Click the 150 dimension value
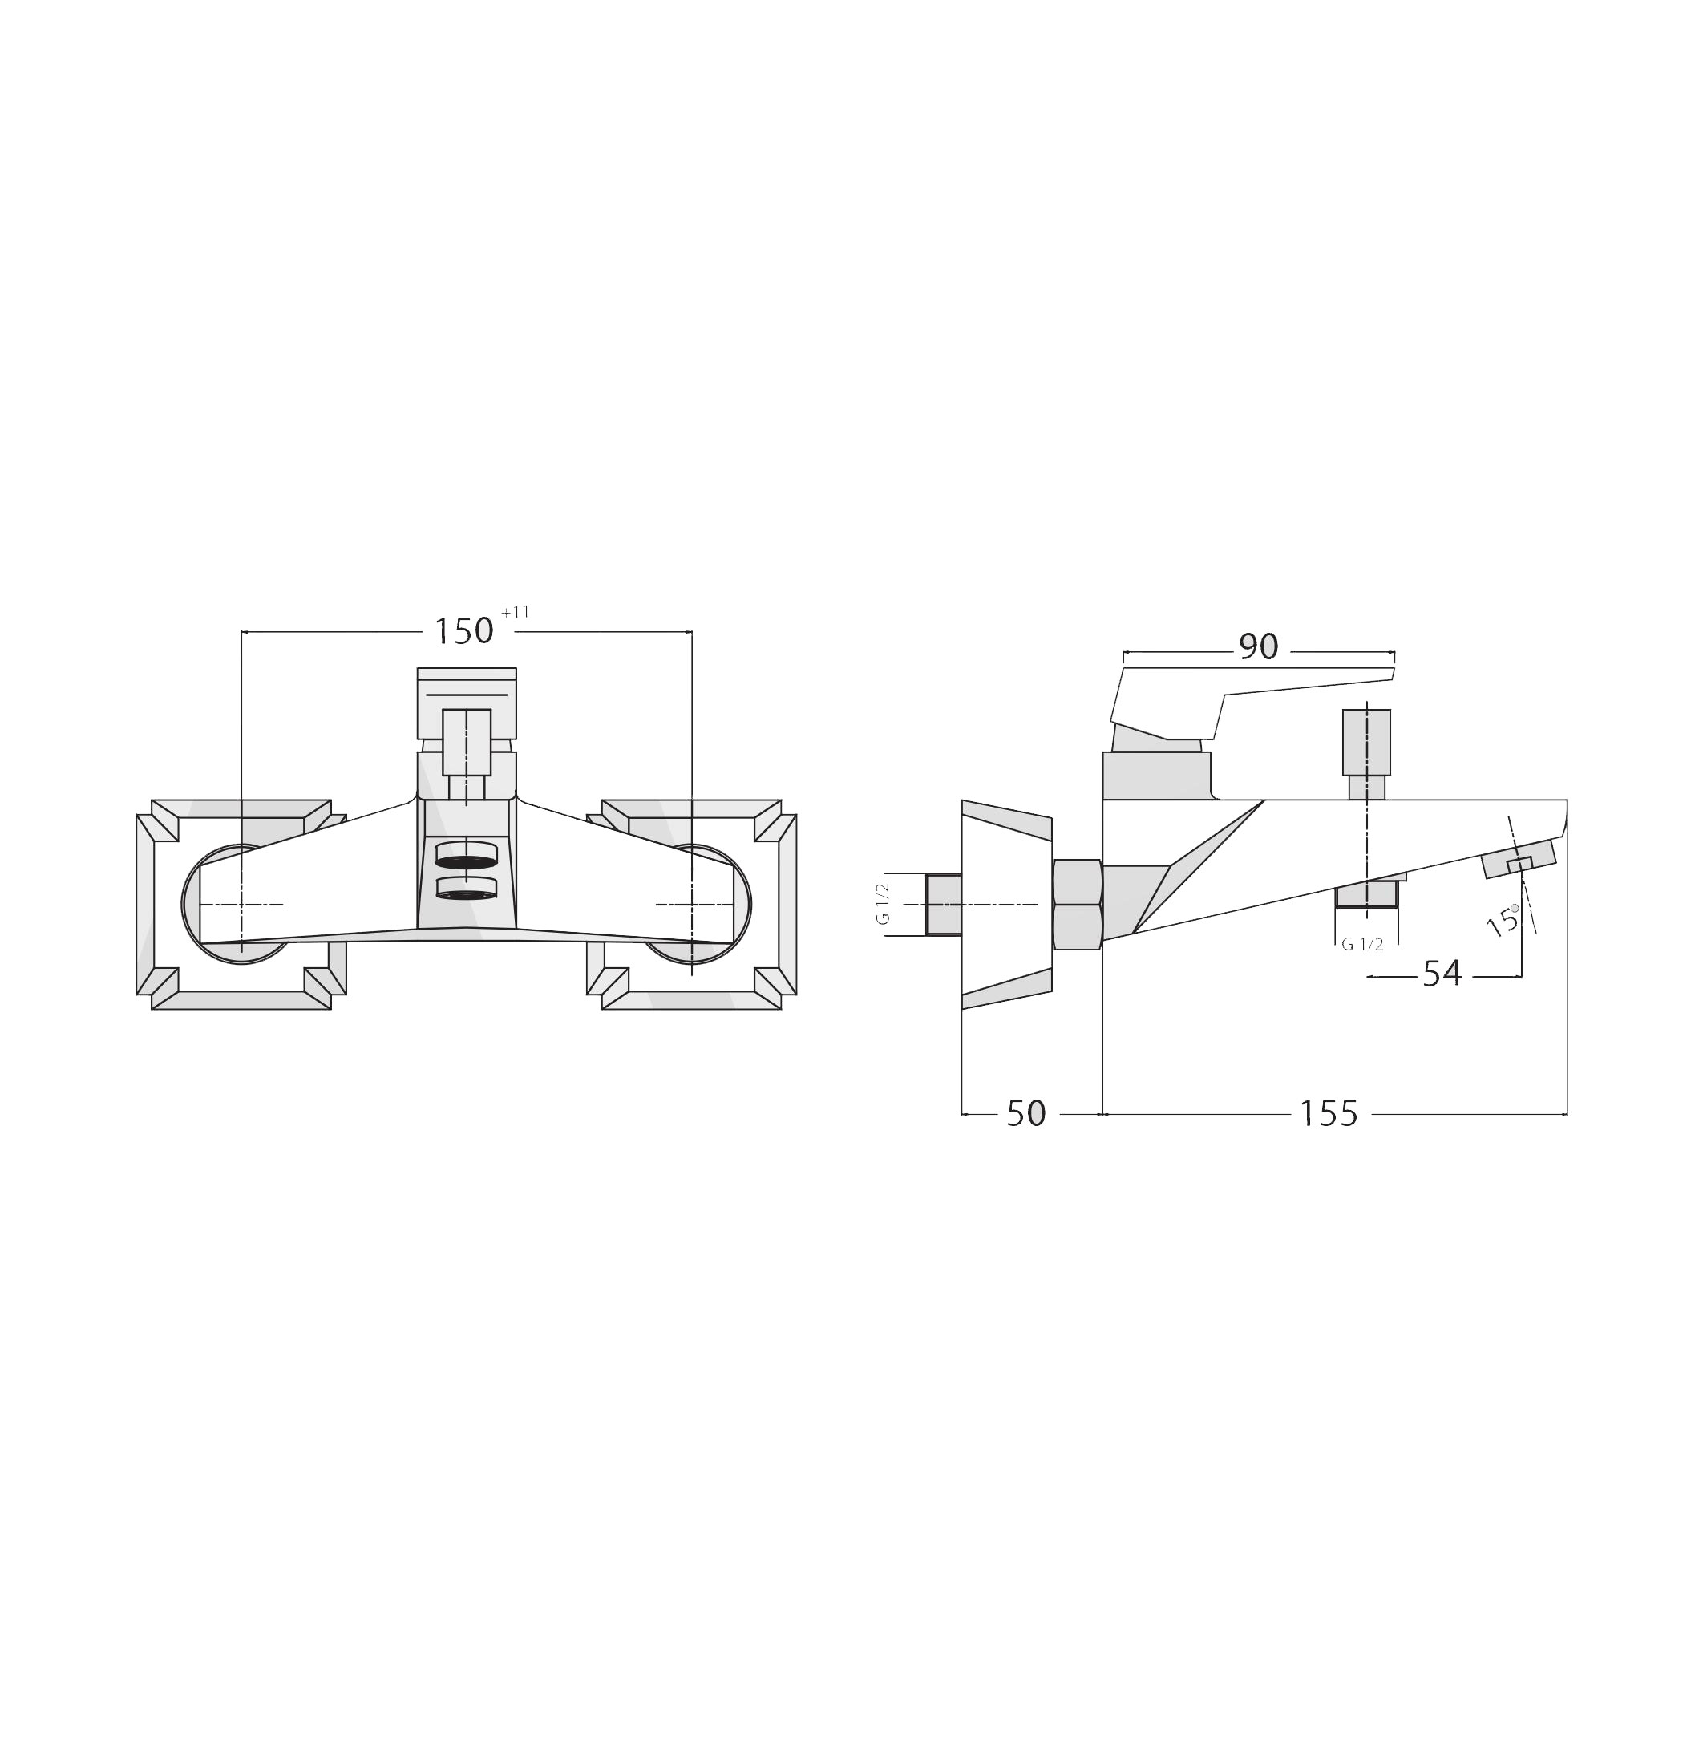(463, 631)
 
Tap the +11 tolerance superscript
(516, 613)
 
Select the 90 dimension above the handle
(1259, 646)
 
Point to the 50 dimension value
(1026, 1114)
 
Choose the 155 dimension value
(1329, 1114)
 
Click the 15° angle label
(1503, 921)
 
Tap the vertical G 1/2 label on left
(883, 905)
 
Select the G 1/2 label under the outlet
(1362, 945)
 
